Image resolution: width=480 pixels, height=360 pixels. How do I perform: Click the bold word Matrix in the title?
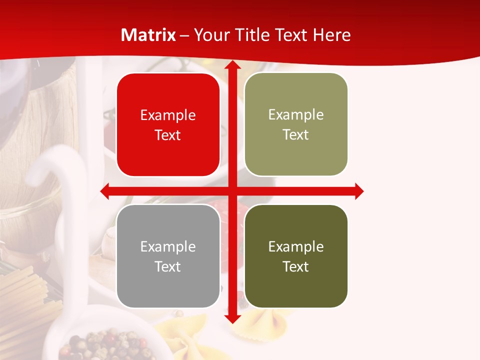point(148,35)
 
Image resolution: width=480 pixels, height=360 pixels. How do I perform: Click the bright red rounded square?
point(168,125)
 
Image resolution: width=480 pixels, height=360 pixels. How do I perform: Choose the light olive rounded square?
point(296,124)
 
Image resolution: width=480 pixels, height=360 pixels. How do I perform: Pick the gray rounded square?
point(168,256)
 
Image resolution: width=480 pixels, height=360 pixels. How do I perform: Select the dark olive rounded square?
point(296,256)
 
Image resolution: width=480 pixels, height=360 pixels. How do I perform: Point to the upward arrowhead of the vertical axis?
point(232,65)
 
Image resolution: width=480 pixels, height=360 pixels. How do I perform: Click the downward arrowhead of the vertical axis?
point(232,318)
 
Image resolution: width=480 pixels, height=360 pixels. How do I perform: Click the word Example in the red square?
point(168,115)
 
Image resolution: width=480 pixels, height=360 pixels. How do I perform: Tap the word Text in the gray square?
point(168,266)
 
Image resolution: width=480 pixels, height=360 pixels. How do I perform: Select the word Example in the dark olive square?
point(296,246)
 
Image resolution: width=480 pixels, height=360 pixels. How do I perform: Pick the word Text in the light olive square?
point(296,134)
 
